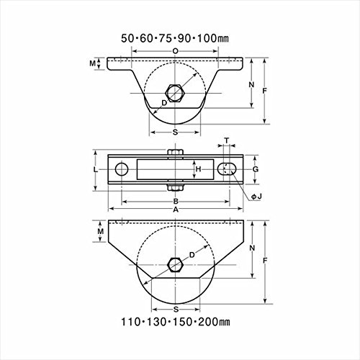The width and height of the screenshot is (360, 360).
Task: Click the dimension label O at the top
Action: pyautogui.click(x=176, y=51)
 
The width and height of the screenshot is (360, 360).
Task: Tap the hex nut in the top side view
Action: pyautogui.click(x=175, y=94)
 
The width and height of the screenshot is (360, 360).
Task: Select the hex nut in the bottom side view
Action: pyautogui.click(x=176, y=265)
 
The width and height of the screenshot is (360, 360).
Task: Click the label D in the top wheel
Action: pyautogui.click(x=164, y=103)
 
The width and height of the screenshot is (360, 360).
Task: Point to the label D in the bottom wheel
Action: pyautogui.click(x=192, y=255)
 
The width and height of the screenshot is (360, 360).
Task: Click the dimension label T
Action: pyautogui.click(x=227, y=140)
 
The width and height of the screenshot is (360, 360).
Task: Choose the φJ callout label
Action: pyautogui.click(x=256, y=197)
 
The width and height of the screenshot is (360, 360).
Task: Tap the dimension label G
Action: pyautogui.click(x=256, y=169)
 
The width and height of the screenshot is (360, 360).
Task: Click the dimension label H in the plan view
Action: pyautogui.click(x=198, y=169)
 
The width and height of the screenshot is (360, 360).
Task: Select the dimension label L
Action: pyautogui.click(x=96, y=170)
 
